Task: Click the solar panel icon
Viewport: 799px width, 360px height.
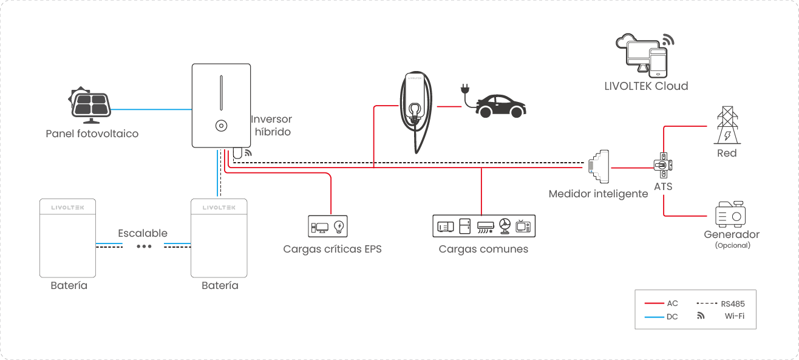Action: pos(91,103)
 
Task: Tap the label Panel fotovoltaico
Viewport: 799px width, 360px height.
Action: pos(92,134)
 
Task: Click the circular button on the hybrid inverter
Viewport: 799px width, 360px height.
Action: pos(221,126)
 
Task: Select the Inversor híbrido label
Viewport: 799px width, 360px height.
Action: pos(272,126)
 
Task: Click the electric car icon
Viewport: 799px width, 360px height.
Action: pos(501,106)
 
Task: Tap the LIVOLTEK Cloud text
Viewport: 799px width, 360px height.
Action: pos(646,86)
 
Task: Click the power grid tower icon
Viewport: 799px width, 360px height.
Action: pos(727,126)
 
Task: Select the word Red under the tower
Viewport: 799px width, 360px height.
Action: pos(727,153)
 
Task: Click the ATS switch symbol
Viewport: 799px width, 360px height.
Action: pos(663,165)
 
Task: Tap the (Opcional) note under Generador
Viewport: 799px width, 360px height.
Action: pos(732,246)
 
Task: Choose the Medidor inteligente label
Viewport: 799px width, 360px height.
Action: pos(598,194)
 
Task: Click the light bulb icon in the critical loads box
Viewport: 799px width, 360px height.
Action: pos(339,227)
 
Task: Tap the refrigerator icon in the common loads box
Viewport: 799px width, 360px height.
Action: pos(465,226)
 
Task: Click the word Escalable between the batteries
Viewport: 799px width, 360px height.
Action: pos(143,233)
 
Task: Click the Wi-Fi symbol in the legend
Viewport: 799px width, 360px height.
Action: pos(701,316)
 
